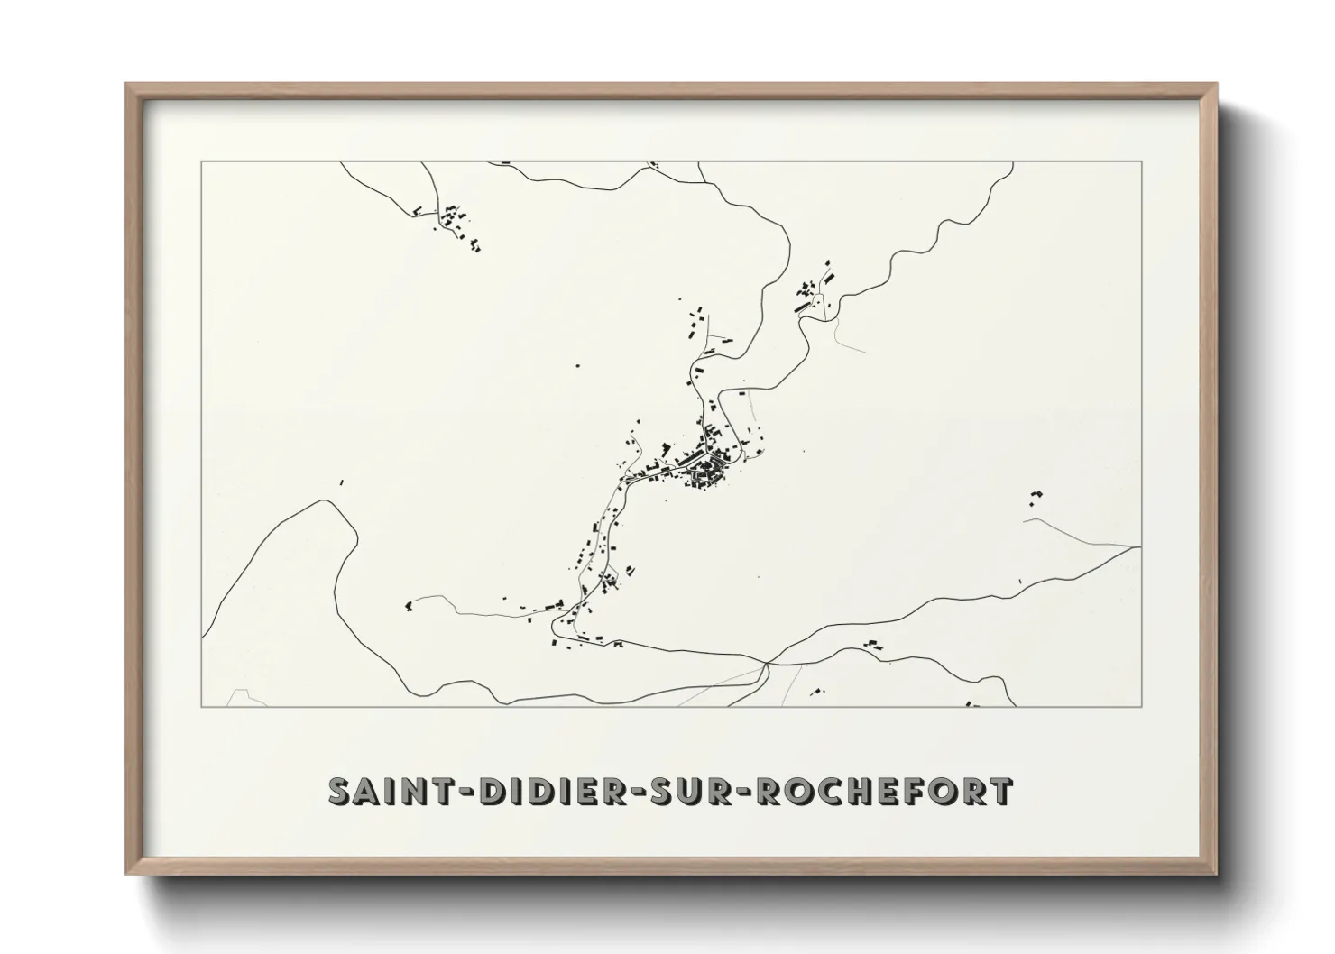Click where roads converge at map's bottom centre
tap(766, 665)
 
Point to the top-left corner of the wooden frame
tap(127, 85)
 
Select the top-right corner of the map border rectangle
tap(1142, 161)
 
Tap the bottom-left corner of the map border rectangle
tap(201, 706)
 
